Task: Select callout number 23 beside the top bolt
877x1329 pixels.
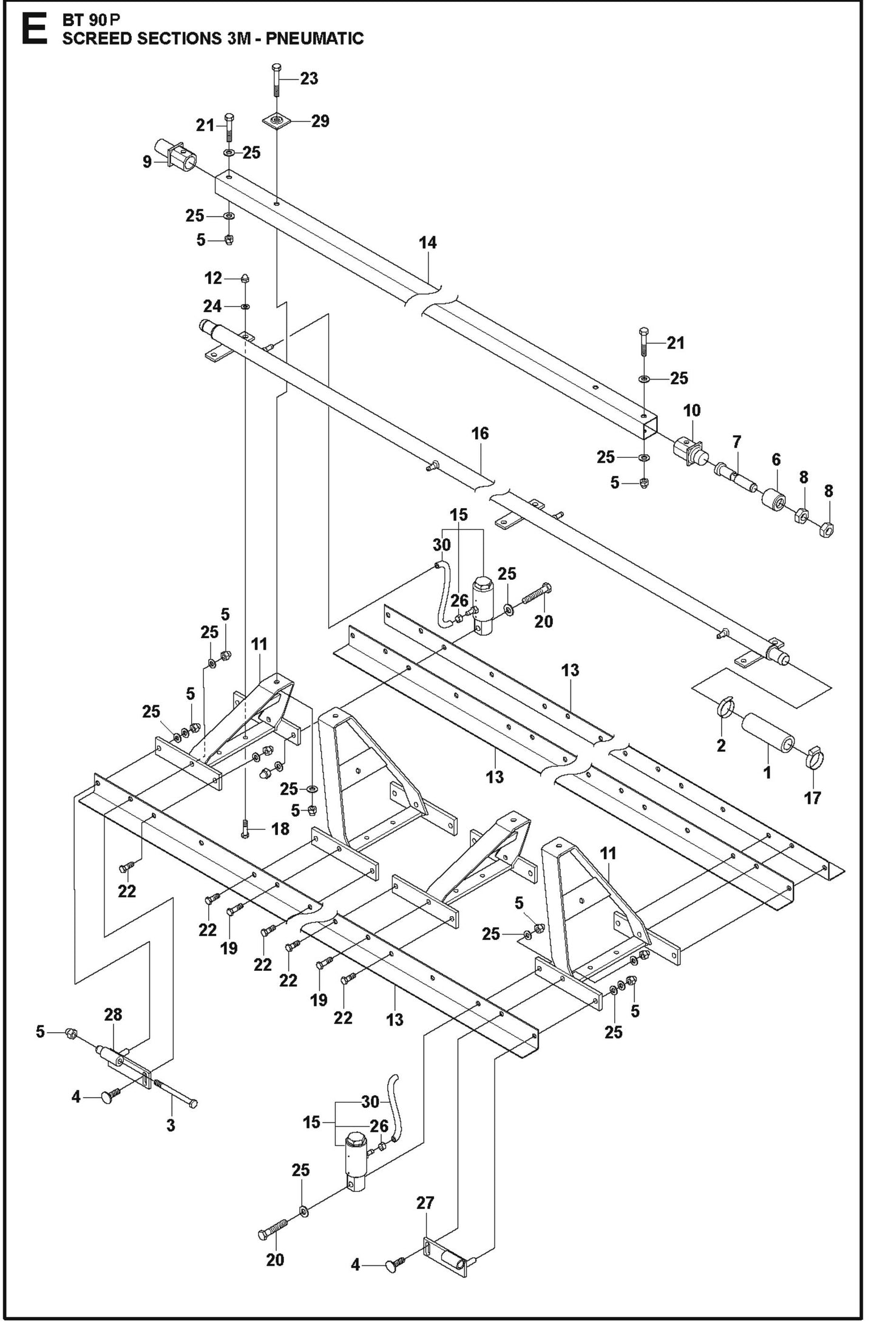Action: [x=309, y=79]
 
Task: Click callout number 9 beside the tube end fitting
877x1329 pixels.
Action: [x=147, y=163]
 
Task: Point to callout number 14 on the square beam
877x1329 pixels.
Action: [x=427, y=242]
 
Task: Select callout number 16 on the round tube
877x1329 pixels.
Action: [x=479, y=433]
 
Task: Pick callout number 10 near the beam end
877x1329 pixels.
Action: [x=691, y=410]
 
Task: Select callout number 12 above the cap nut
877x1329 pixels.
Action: [x=212, y=279]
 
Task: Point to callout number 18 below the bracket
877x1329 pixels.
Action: [x=280, y=828]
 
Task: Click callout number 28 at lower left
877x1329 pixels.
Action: [x=113, y=1014]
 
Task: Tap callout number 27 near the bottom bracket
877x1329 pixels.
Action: [x=425, y=1203]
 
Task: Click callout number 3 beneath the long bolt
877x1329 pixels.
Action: [x=171, y=1124]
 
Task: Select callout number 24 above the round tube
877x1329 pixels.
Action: [x=212, y=306]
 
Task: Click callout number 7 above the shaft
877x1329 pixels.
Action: [x=737, y=442]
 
